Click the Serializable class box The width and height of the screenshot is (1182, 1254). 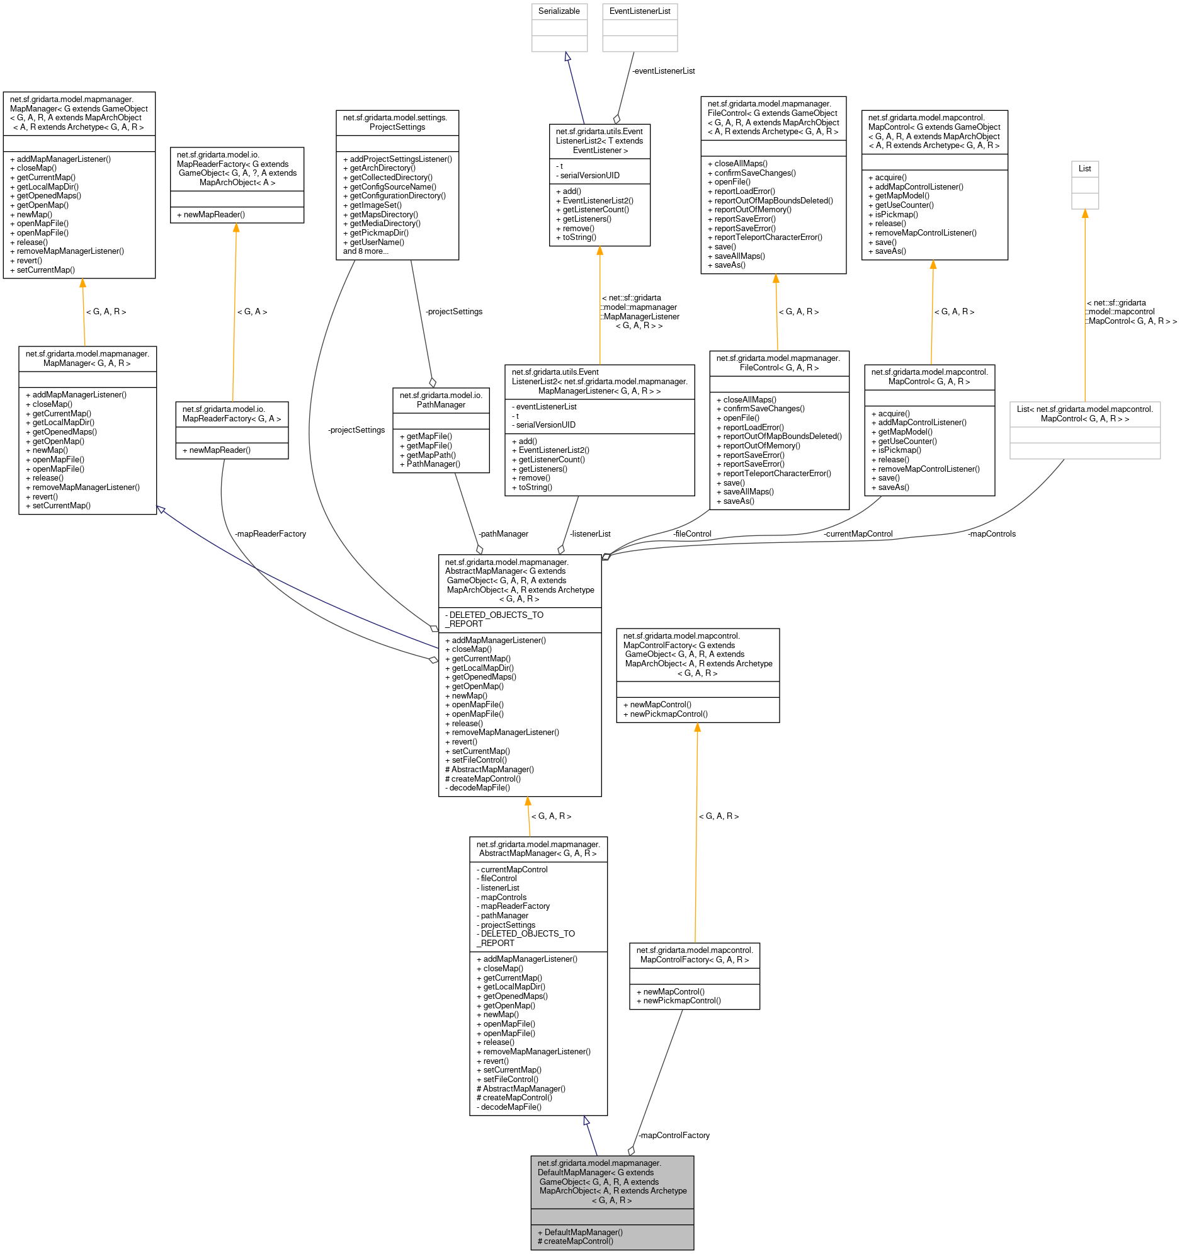pos(559,11)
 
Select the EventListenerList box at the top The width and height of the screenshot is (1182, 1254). pos(639,11)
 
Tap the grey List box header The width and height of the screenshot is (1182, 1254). pos(1084,168)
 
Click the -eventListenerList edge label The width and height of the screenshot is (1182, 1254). pos(663,71)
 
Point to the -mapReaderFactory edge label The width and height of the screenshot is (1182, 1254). pos(270,533)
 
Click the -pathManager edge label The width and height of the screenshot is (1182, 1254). pos(503,533)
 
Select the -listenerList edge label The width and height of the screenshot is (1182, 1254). pos(589,533)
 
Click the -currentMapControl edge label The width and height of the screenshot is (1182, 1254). pos(857,533)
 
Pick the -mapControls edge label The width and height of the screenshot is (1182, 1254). pos(991,533)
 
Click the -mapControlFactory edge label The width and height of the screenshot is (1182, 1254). pos(674,1136)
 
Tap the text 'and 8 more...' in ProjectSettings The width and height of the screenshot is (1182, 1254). pos(365,251)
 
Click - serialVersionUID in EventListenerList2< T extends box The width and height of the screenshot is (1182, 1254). pos(587,175)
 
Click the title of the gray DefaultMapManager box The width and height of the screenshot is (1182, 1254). pos(611,1182)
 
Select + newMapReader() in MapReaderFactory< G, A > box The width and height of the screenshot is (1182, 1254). pos(216,450)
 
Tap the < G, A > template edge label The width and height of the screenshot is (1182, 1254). pos(252,312)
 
